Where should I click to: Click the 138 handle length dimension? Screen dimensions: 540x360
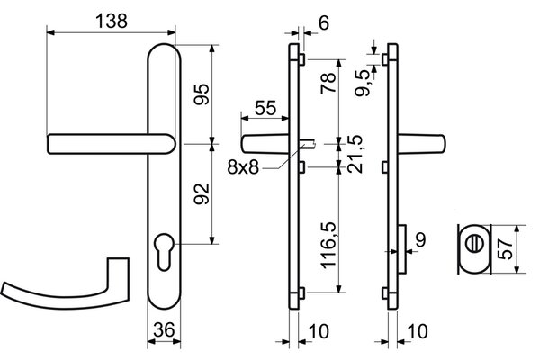pyautogui.click(x=112, y=21)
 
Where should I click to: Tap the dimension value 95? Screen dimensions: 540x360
pyautogui.click(x=202, y=94)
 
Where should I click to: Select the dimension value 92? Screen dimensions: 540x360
pyautogui.click(x=202, y=194)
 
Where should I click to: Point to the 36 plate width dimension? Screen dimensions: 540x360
pyautogui.click(x=164, y=329)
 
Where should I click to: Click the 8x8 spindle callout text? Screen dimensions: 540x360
pyautogui.click(x=243, y=167)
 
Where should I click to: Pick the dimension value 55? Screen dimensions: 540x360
pyautogui.click(x=265, y=108)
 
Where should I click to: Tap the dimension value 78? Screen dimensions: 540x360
pyautogui.click(x=328, y=83)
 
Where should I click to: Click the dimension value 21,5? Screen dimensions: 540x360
pyautogui.click(x=355, y=154)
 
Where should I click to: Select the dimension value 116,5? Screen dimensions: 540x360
pyautogui.click(x=328, y=246)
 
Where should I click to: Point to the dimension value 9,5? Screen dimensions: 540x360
pyautogui.click(x=363, y=83)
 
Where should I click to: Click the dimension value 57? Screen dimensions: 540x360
pyautogui.click(x=506, y=249)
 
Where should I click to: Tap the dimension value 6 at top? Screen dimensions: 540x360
pyautogui.click(x=324, y=23)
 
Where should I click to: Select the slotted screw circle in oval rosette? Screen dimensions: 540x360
pyautogui.click(x=474, y=244)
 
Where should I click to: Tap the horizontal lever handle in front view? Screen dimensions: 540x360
pyautogui.click(x=111, y=144)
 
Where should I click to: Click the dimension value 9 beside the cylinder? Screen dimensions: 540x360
pyautogui.click(x=421, y=239)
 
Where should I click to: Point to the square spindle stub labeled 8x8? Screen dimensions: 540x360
pyautogui.click(x=308, y=144)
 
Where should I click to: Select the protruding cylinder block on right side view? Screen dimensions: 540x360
pyautogui.click(x=402, y=248)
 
